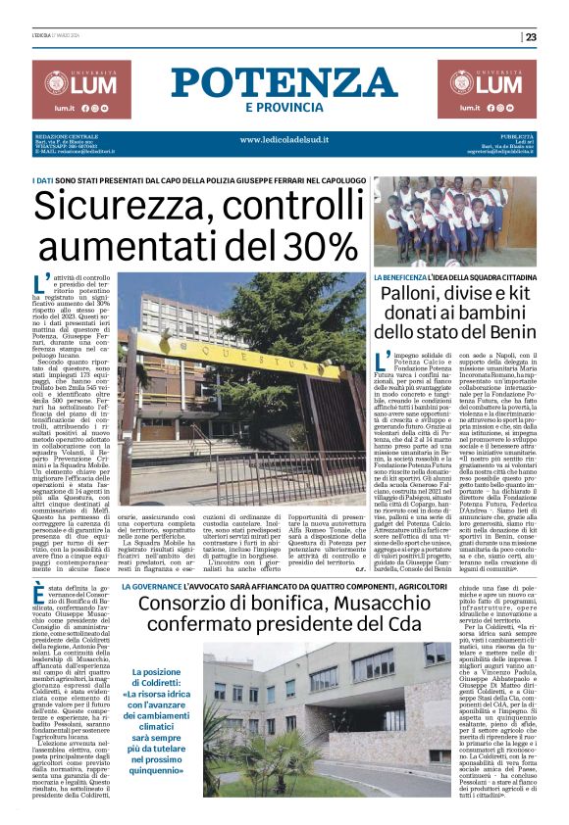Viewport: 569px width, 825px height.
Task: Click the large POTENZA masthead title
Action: coord(284,83)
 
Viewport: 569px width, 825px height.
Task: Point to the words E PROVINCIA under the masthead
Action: coord(284,107)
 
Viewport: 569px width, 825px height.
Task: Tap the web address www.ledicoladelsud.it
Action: coord(284,139)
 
